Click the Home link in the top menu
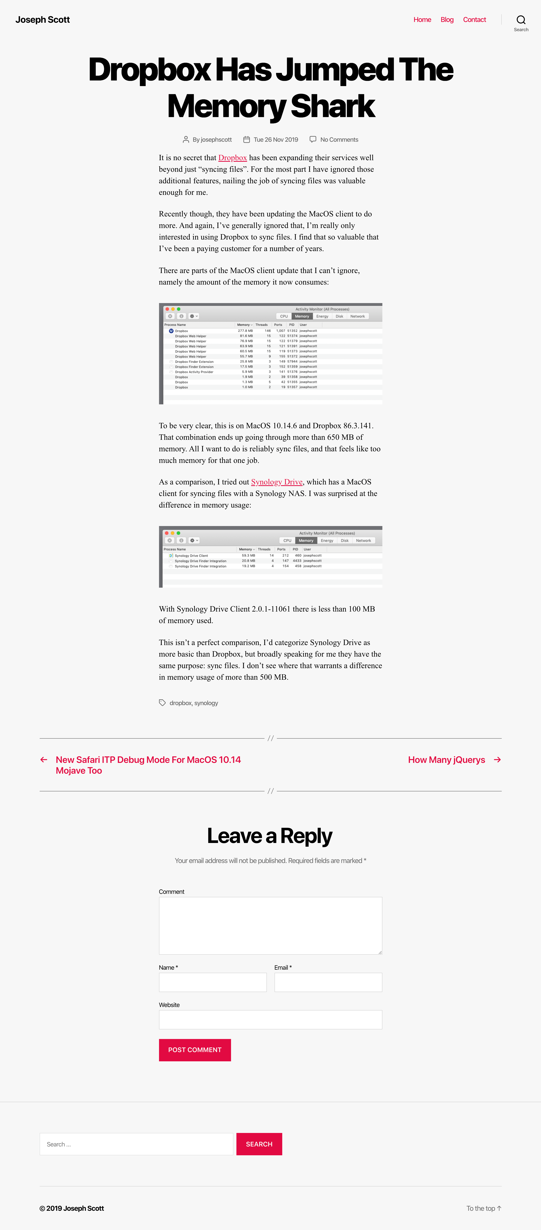click(x=422, y=20)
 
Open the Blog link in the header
click(x=447, y=20)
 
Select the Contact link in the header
click(x=474, y=20)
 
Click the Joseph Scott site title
click(x=43, y=20)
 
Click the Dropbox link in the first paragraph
click(x=233, y=158)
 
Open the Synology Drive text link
click(x=276, y=482)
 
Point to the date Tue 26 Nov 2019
click(x=276, y=139)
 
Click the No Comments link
click(x=339, y=139)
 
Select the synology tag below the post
click(x=206, y=703)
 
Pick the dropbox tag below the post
click(x=180, y=703)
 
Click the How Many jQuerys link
click(x=446, y=760)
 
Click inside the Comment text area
click(x=270, y=925)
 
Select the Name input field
click(x=213, y=982)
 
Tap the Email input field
click(x=328, y=982)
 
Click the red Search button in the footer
click(x=259, y=1144)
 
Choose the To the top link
click(x=483, y=1208)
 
